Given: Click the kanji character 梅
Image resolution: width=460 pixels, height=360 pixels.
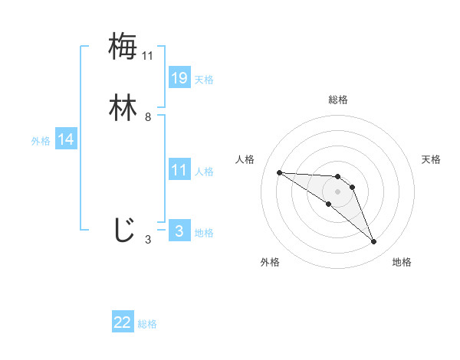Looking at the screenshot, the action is pyautogui.click(x=123, y=46).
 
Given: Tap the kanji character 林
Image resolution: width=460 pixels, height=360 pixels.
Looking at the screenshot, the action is pyautogui.click(x=123, y=107).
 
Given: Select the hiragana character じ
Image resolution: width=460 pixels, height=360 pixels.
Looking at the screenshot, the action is pyautogui.click(x=123, y=229).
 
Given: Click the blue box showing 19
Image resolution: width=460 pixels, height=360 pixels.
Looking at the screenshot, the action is pyautogui.click(x=179, y=77).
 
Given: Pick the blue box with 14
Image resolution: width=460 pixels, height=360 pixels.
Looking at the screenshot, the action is pyautogui.click(x=66, y=139).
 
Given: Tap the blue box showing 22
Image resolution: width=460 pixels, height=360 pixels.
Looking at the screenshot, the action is pyautogui.click(x=123, y=322).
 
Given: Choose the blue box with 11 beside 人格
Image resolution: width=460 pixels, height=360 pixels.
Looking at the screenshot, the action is pyautogui.click(x=179, y=170).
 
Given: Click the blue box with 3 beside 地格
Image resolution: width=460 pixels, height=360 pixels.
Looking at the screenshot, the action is pyautogui.click(x=179, y=231).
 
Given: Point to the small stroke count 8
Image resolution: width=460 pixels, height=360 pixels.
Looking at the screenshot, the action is pyautogui.click(x=148, y=117).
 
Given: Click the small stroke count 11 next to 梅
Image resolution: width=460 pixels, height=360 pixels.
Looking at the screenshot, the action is pyautogui.click(x=148, y=56).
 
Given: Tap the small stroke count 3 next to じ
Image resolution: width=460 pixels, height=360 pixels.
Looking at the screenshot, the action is pyautogui.click(x=148, y=240).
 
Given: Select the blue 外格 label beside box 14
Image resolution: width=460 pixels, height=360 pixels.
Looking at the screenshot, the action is pyautogui.click(x=41, y=141).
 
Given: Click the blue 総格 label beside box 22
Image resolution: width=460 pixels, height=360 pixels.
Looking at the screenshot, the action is pyautogui.click(x=147, y=324).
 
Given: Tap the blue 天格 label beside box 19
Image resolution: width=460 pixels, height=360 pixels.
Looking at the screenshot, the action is pyautogui.click(x=204, y=80).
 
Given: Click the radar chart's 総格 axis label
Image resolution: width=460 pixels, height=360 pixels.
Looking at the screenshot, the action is pyautogui.click(x=337, y=100).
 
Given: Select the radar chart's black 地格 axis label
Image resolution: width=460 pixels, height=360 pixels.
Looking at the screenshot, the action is pyautogui.click(x=402, y=262).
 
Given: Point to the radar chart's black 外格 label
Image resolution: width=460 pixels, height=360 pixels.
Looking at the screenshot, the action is pyautogui.click(x=270, y=262).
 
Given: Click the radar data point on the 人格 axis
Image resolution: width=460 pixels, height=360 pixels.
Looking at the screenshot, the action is pyautogui.click(x=279, y=172).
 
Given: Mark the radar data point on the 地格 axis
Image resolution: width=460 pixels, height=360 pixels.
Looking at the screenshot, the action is pyautogui.click(x=373, y=242).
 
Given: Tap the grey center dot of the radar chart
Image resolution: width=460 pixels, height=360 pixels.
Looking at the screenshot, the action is pyautogui.click(x=337, y=191).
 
